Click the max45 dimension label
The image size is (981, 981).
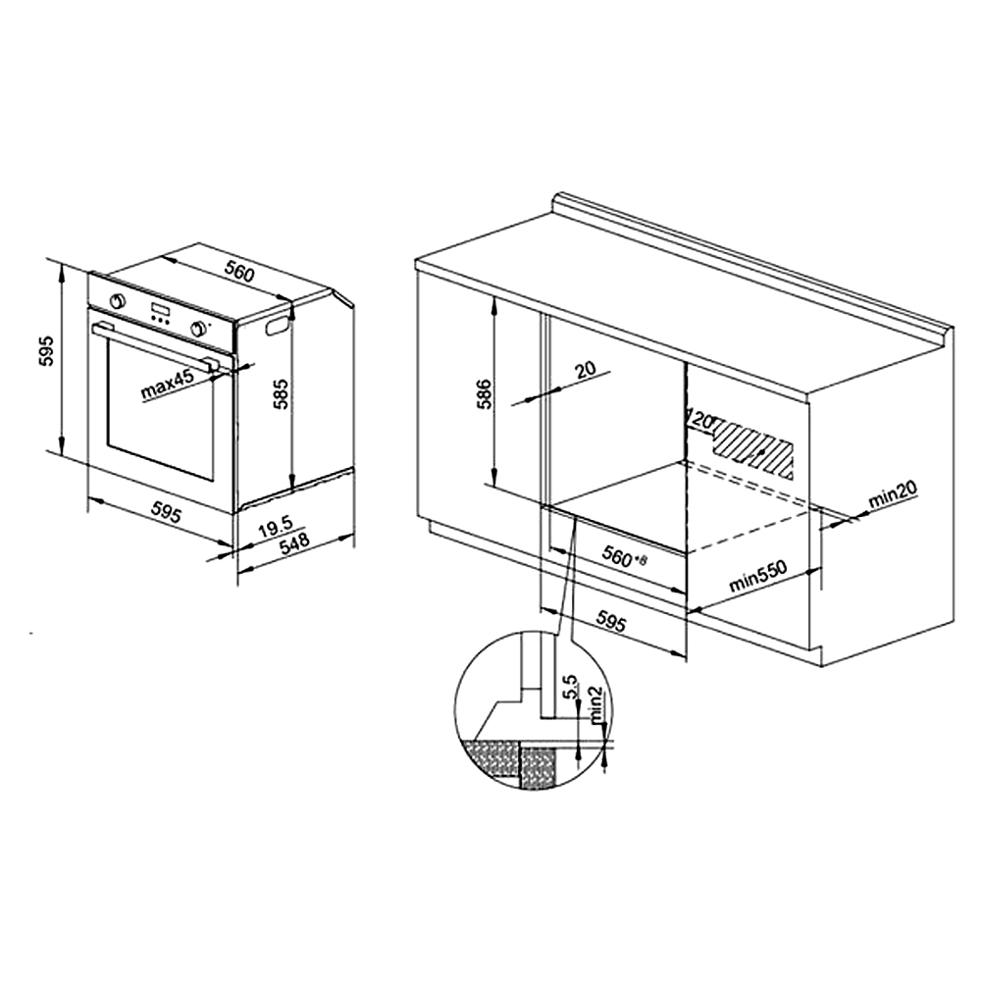coord(168,385)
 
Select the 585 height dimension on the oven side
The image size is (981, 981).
coord(283,394)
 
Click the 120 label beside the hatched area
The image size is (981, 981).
coord(701,419)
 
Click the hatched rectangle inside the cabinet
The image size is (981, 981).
coord(752,447)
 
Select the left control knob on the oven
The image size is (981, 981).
coord(117,301)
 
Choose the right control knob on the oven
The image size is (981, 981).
coord(199,328)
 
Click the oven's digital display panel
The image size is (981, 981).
coord(159,310)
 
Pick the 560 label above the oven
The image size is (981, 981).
coord(239,273)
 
